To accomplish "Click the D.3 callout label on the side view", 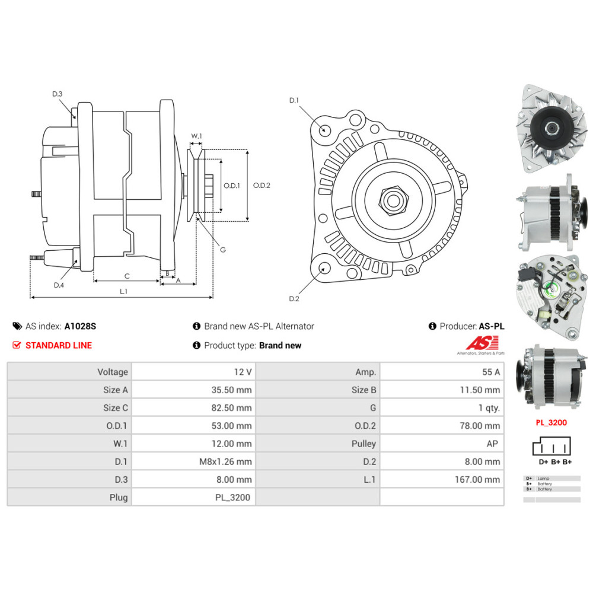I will click(x=57, y=94).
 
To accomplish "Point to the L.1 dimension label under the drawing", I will click(x=123, y=291).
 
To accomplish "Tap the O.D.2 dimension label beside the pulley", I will click(x=262, y=185).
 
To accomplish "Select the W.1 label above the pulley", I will click(x=196, y=136).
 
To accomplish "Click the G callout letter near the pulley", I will click(x=223, y=250).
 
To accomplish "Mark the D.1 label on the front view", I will click(x=294, y=100).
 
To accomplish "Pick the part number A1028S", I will click(x=80, y=326).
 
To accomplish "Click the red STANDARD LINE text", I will click(x=59, y=345).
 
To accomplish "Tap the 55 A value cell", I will click(x=490, y=372).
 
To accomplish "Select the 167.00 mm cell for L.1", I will click(x=480, y=479).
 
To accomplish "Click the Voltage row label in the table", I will click(x=113, y=372).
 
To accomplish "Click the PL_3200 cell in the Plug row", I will click(x=234, y=497).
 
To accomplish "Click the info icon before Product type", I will click(x=197, y=345).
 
